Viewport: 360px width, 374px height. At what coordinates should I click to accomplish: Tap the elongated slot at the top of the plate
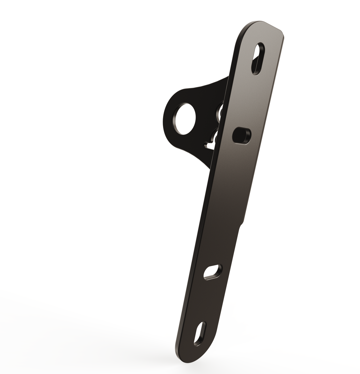point(258,59)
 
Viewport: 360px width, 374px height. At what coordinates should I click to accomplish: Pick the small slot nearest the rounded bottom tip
point(200,333)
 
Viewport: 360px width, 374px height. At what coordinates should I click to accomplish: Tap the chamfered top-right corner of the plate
point(282,33)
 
